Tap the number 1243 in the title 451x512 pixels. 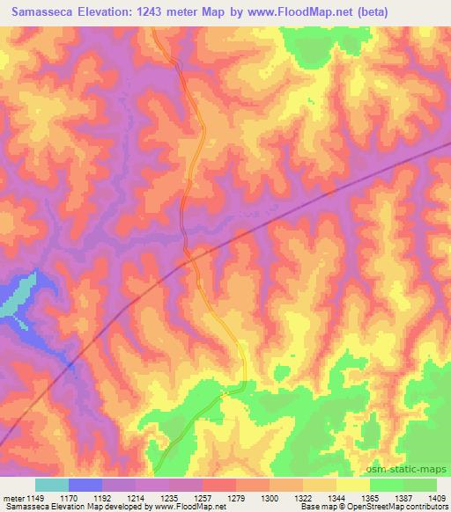click(167, 12)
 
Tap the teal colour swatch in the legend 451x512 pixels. click(52, 485)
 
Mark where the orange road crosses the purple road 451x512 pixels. click(187, 254)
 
